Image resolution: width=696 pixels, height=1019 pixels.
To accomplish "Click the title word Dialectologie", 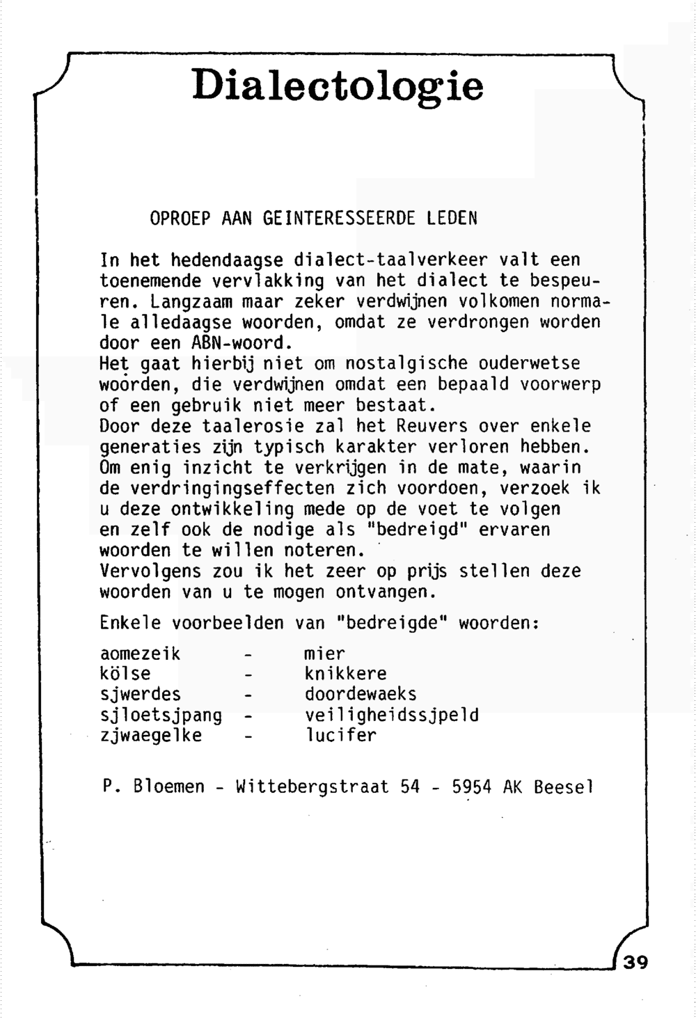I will (338, 86).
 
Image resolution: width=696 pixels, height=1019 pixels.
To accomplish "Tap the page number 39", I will (635, 963).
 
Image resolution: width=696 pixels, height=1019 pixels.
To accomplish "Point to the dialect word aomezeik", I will (141, 654).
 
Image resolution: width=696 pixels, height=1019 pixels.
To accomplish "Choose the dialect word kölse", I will (125, 674).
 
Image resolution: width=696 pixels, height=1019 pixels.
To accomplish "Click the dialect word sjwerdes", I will (141, 695).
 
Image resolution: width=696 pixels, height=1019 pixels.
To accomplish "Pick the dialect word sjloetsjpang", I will (161, 716).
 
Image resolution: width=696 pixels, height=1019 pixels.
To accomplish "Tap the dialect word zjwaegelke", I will (151, 736).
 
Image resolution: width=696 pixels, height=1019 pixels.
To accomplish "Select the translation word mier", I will (324, 654).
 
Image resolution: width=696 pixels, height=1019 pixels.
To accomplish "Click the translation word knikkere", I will (345, 674).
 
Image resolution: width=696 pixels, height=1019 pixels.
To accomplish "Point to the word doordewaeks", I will (361, 695).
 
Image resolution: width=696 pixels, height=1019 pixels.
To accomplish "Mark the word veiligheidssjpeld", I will (392, 716).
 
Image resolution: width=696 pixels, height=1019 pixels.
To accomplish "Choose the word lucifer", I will (340, 736).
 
